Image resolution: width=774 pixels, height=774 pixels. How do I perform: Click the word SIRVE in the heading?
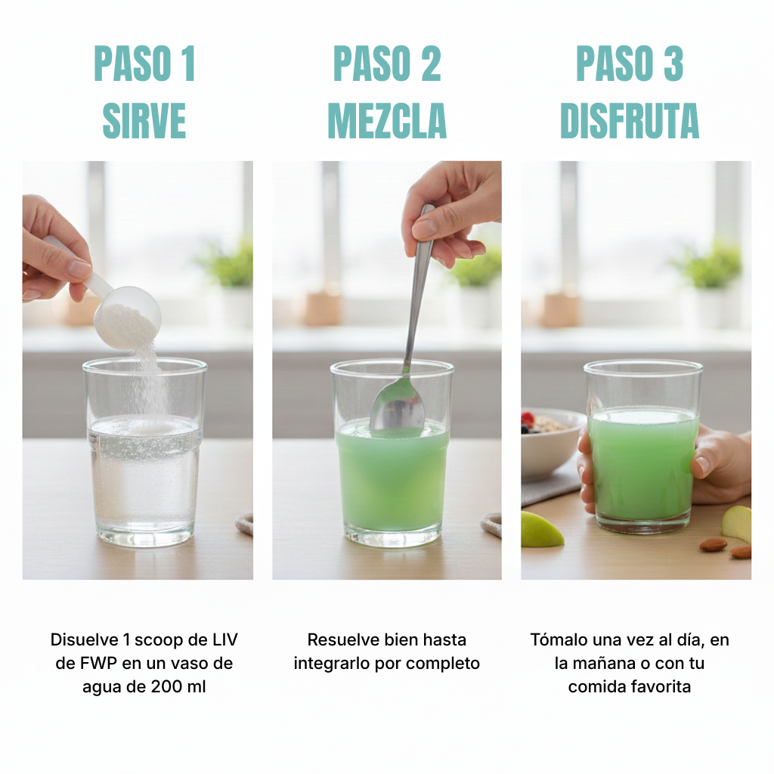144,120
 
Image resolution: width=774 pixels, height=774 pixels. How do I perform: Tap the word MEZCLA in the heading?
387,120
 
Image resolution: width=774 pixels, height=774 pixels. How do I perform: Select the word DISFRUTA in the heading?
630,120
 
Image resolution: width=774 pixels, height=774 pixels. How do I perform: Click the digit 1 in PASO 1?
188,63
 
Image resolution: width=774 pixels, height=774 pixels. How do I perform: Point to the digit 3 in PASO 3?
673,63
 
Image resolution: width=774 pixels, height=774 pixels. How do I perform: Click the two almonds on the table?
726,547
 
